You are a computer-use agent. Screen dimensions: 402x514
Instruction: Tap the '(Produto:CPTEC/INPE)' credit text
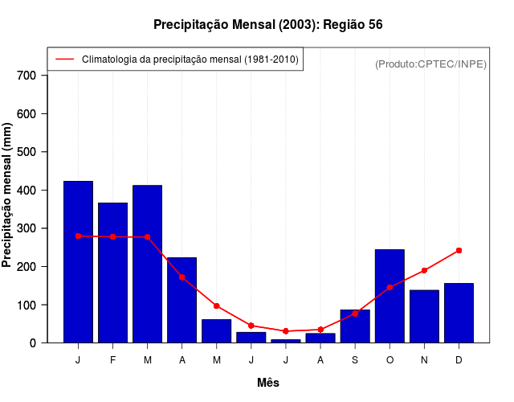click(x=430, y=64)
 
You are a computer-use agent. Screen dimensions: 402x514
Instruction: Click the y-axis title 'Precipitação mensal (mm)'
click(x=7, y=195)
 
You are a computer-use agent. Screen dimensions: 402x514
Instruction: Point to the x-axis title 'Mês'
click(x=268, y=383)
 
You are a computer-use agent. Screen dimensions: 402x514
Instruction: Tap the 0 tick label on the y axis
click(x=33, y=343)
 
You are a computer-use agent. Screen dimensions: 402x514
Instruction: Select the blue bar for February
click(x=112, y=273)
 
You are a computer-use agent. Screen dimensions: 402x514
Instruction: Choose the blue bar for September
click(x=355, y=326)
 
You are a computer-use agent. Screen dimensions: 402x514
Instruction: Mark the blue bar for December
click(x=459, y=313)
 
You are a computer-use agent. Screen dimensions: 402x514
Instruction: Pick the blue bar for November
click(x=424, y=316)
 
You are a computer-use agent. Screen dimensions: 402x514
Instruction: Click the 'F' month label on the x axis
click(x=112, y=360)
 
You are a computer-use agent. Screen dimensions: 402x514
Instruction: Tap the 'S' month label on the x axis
click(x=355, y=360)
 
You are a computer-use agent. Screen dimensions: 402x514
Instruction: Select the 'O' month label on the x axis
click(x=390, y=360)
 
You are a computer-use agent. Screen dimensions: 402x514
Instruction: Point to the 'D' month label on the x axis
click(x=459, y=360)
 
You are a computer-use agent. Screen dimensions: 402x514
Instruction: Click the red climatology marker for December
click(x=459, y=251)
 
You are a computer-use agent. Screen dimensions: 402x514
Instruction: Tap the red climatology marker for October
click(x=390, y=287)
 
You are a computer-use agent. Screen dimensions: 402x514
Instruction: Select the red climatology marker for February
click(x=112, y=237)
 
